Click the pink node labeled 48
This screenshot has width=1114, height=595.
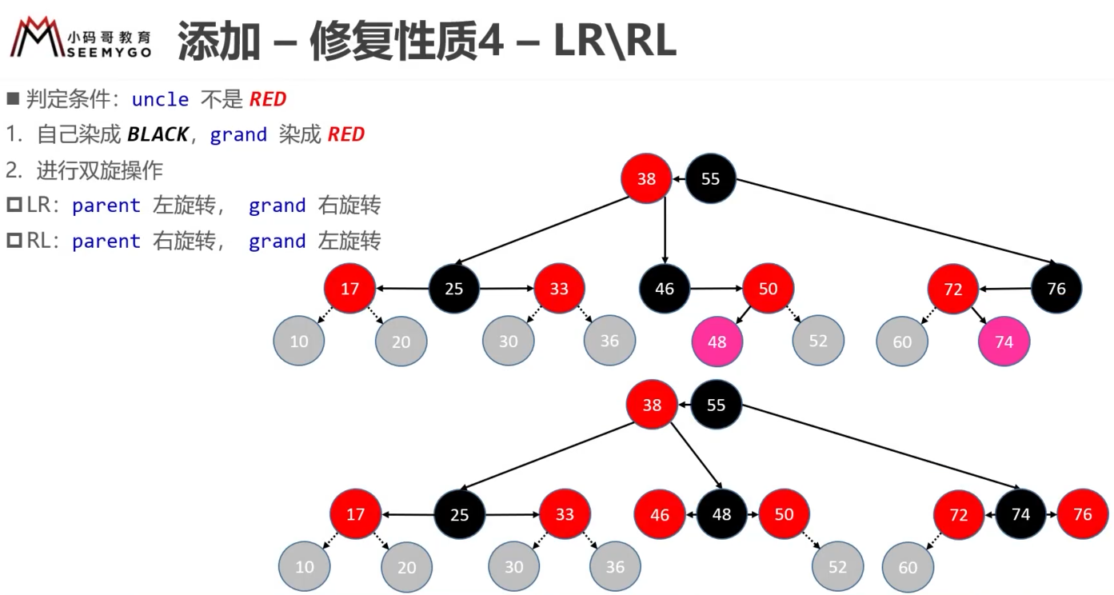click(717, 341)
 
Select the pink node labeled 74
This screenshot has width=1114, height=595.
click(1004, 341)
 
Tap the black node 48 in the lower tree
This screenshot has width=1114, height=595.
click(721, 514)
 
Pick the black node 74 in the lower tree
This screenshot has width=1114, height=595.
click(1020, 514)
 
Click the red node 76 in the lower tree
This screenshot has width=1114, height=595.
click(1082, 514)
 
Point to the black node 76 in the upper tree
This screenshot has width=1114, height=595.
click(1056, 289)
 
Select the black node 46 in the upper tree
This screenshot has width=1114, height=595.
click(665, 289)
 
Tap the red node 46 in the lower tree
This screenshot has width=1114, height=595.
click(660, 514)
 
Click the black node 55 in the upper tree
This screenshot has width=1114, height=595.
click(710, 178)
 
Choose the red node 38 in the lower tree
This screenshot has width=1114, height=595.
click(652, 405)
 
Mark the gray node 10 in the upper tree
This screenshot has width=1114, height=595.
click(299, 341)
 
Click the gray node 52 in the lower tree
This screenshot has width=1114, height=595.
click(837, 567)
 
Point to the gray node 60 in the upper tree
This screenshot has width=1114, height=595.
click(902, 341)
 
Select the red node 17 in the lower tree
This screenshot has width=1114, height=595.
click(355, 514)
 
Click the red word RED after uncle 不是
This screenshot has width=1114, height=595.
click(268, 99)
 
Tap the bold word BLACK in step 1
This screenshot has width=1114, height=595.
click(158, 134)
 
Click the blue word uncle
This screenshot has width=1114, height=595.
click(160, 99)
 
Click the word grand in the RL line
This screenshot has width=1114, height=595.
click(277, 242)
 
